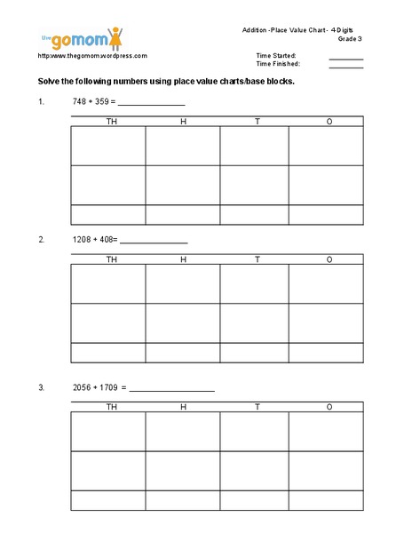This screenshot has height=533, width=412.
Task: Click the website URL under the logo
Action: tap(91, 55)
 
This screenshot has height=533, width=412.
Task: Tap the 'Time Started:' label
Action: tap(276, 55)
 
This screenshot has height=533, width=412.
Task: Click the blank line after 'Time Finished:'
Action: tap(346, 66)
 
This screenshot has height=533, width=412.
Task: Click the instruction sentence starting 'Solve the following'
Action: tap(165, 81)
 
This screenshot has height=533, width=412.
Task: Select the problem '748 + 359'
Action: tap(92, 101)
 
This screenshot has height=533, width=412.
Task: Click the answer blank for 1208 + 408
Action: tap(154, 241)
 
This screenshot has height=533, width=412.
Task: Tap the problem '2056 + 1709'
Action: tap(99, 388)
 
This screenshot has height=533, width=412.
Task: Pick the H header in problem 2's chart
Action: tap(184, 259)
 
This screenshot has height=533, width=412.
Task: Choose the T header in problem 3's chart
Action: tap(257, 407)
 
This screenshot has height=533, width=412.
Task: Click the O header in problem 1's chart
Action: tap(329, 121)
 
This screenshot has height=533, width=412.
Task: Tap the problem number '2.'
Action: tap(41, 240)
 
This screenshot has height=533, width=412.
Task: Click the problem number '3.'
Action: tap(41, 388)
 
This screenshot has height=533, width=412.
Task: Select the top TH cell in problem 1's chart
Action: tap(108, 146)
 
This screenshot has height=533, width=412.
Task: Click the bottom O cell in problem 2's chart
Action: tap(326, 353)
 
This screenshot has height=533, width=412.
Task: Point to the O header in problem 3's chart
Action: tap(329, 407)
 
